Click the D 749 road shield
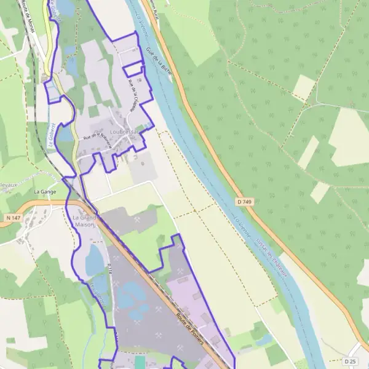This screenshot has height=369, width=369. click(244, 202)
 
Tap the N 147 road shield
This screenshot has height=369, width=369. click(12, 218)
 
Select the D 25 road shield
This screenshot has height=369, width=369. click(351, 361)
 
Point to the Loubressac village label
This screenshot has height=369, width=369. click(121, 132)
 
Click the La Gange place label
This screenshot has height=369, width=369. click(45, 192)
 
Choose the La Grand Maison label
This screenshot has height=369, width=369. click(84, 221)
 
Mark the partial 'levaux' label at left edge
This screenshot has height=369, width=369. click(9, 183)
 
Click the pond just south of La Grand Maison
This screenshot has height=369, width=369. click(95, 260)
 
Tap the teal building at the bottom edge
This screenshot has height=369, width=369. click(140, 363)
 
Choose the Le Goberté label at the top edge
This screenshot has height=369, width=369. click(54, 7)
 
